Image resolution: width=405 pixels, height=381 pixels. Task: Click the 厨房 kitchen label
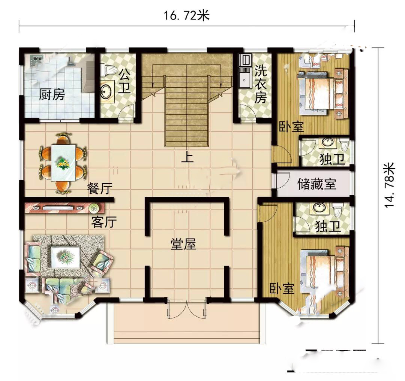(x=52, y=95)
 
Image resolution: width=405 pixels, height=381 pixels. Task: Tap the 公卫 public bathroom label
(x=124, y=81)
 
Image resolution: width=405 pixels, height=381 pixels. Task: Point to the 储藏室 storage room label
(x=317, y=184)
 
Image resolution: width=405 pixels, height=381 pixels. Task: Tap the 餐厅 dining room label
(x=100, y=188)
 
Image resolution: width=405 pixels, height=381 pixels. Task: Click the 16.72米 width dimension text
(x=187, y=16)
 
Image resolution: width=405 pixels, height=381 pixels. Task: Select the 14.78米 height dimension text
(x=390, y=185)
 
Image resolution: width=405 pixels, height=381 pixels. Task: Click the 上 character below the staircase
(x=187, y=157)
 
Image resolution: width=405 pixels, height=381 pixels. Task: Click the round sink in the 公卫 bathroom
(x=106, y=90)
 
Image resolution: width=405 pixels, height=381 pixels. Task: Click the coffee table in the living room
(x=66, y=258)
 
